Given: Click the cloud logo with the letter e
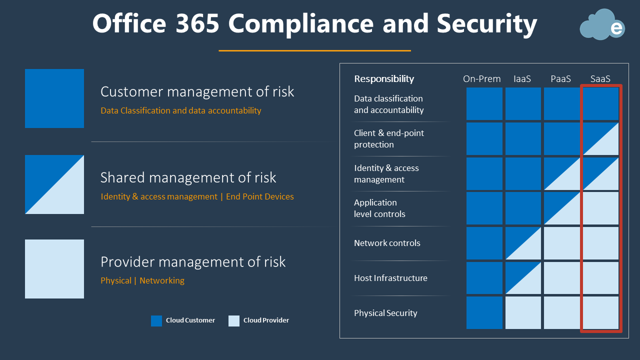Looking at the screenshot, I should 602,25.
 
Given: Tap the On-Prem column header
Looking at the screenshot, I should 481,78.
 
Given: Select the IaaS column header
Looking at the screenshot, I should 522,78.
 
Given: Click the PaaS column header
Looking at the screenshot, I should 560,78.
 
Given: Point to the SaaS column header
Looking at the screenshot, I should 600,78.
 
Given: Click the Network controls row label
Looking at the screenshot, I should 387,243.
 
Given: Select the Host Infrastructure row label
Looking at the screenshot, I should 390,278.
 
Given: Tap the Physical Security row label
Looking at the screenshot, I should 385,313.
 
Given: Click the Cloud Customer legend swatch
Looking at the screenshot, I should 156,320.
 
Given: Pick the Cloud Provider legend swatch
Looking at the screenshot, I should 234,320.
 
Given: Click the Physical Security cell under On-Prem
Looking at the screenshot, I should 484,312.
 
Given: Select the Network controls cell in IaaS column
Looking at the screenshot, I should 523,243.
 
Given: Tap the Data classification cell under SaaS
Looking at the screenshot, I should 600,103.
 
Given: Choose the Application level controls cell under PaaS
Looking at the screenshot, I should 561,208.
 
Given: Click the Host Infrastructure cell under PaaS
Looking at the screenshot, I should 561,278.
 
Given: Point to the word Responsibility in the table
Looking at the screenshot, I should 384,78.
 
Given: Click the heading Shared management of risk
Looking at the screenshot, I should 188,177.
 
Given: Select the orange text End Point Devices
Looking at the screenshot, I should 260,196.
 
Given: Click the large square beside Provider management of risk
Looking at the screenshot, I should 54,269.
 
